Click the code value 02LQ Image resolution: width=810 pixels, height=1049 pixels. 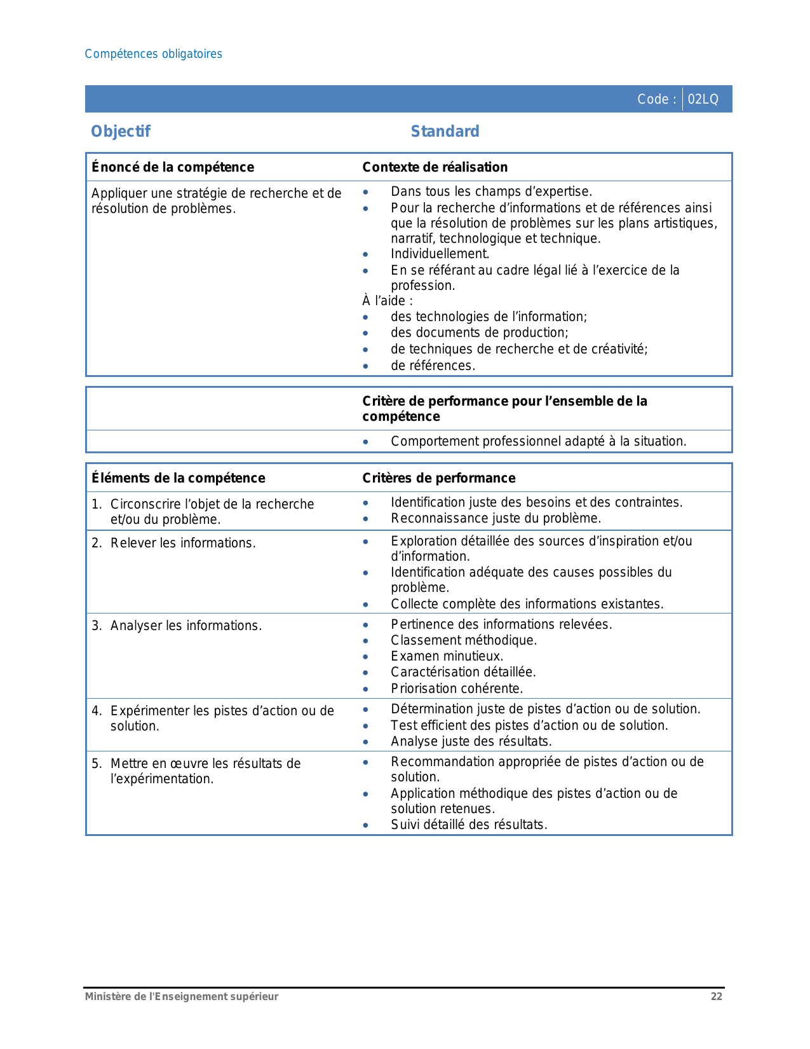click(703, 99)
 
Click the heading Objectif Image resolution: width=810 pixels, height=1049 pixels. click(121, 132)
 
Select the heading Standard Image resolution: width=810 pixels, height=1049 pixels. click(445, 132)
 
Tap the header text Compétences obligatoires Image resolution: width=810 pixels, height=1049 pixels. click(153, 54)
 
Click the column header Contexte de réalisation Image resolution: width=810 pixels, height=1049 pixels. click(435, 167)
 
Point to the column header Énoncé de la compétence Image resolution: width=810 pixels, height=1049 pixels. click(173, 167)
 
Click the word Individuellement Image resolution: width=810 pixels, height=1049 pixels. click(440, 254)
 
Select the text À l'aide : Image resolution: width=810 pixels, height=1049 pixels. click(388, 301)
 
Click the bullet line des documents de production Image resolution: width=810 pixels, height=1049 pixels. click(479, 333)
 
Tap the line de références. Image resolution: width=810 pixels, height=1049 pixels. click(433, 366)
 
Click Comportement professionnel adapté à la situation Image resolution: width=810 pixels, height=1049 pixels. click(538, 441)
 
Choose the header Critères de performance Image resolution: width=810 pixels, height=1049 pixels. click(438, 478)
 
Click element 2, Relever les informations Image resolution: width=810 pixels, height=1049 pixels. click(182, 543)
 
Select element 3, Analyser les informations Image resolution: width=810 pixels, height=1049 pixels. click(186, 626)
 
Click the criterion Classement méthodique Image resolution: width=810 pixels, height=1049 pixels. click(463, 640)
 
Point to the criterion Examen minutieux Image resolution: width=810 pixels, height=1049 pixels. click(447, 656)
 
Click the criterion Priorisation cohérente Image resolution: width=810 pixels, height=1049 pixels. click(457, 689)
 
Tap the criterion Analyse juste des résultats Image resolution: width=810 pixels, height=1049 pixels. click(471, 741)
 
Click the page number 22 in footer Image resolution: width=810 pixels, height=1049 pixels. click(716, 997)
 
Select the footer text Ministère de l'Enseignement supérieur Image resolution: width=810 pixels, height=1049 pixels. click(182, 997)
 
